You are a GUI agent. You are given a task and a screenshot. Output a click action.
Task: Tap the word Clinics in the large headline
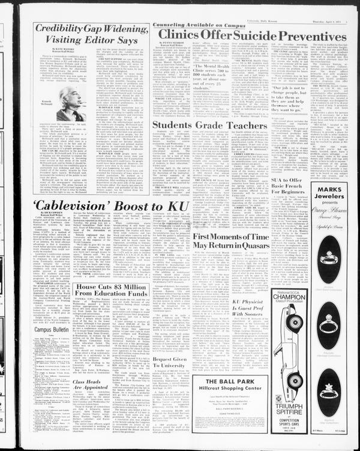click(x=181, y=37)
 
